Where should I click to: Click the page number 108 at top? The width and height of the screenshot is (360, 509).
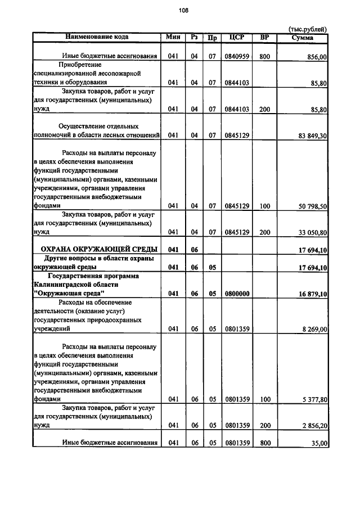click(183, 10)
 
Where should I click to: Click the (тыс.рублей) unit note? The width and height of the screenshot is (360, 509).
click(307, 29)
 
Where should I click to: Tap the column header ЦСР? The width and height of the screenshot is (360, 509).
click(236, 37)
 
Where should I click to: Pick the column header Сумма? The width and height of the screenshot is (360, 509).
click(303, 38)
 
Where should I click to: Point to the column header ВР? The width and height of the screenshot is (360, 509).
click(265, 37)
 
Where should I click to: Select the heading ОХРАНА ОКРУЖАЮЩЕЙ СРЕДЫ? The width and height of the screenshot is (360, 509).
click(97, 249)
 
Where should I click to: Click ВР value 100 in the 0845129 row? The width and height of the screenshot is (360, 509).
click(265, 206)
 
